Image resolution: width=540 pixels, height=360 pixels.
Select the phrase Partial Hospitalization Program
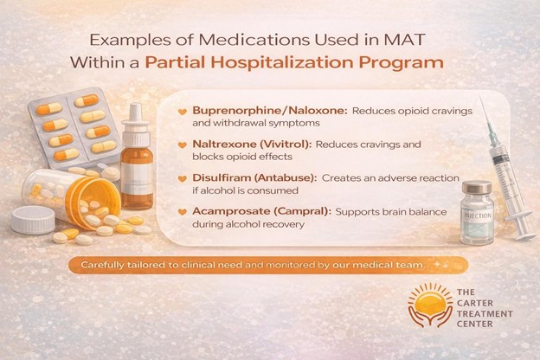click(294, 62)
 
